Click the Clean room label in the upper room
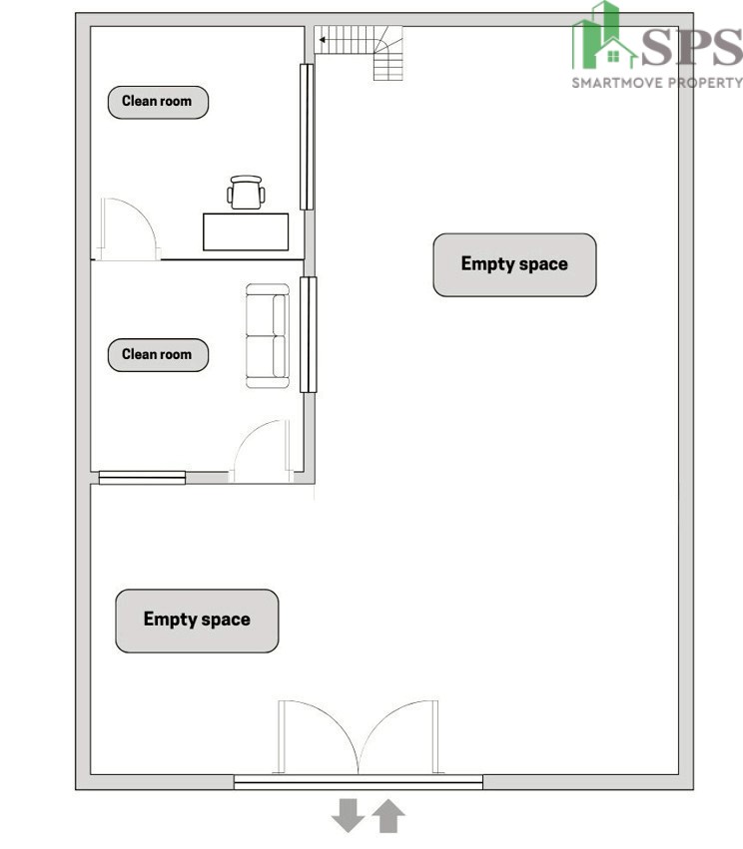point(158,102)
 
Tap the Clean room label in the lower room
point(158,354)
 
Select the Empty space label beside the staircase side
point(514,264)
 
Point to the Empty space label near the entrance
point(197,621)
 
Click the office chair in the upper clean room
point(246,193)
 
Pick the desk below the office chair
point(246,231)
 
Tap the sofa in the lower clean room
point(268,335)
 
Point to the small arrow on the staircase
point(323,40)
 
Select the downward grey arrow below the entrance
point(348,815)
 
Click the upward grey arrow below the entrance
point(388,816)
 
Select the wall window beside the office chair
point(307,137)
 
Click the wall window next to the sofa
point(309,334)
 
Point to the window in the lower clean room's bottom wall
point(142,477)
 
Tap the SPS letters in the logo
point(691,47)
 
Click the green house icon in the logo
point(614,53)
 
